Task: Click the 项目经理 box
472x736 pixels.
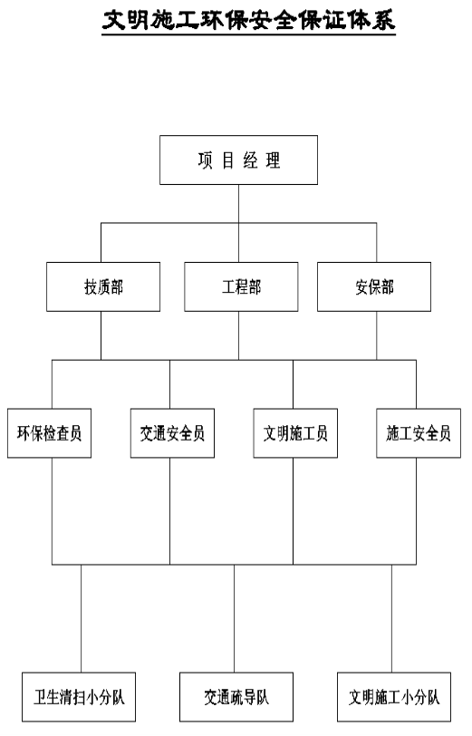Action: click(238, 160)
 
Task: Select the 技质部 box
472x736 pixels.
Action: click(103, 286)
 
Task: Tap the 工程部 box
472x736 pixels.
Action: click(241, 286)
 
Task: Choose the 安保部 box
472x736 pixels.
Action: click(374, 286)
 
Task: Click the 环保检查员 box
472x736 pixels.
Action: click(49, 433)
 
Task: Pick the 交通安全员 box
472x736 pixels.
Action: click(172, 433)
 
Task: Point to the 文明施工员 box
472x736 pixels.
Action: click(295, 433)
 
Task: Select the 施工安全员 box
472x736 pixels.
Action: click(419, 433)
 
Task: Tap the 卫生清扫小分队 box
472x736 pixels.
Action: click(79, 697)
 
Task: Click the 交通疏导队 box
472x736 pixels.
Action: click(236, 697)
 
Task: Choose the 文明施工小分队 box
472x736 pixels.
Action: click(394, 697)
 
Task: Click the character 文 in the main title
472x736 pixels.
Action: click(114, 20)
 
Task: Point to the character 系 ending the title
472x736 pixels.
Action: click(384, 20)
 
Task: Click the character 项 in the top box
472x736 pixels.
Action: click(205, 160)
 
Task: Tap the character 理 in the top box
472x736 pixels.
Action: click(273, 160)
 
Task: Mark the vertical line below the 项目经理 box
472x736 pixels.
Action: click(238, 223)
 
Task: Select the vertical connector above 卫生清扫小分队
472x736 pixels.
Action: click(82, 619)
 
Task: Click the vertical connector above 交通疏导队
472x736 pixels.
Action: click(234, 619)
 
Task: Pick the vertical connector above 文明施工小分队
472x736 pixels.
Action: click(391, 619)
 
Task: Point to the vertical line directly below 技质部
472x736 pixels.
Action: click(101, 335)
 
